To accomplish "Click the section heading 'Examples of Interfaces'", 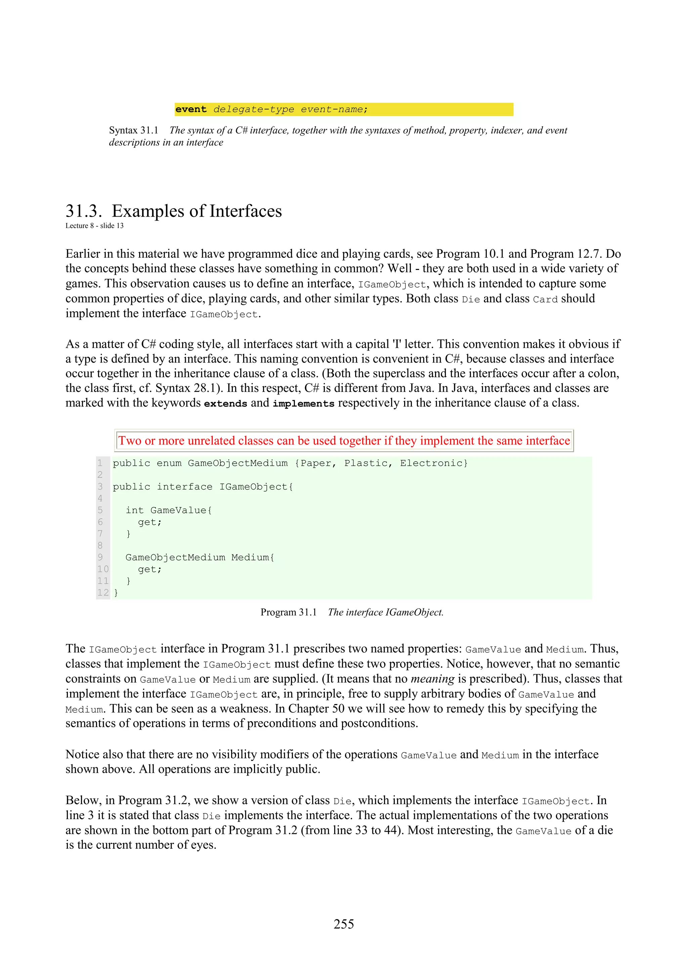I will tap(197, 211).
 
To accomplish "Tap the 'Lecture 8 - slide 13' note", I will tap(94, 226).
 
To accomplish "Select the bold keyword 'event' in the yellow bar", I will tap(191, 109).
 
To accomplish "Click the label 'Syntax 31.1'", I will tap(133, 131).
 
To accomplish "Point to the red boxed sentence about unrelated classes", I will tap(344, 441).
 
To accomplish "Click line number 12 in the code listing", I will tap(102, 593).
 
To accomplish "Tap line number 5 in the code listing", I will tap(100, 510).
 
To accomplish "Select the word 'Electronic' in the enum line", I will tap(431, 463).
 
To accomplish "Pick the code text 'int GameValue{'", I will tap(168, 510).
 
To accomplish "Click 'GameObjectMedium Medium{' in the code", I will tap(200, 557).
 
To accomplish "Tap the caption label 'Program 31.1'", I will tap(288, 612).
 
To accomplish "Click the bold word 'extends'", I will tap(225, 404).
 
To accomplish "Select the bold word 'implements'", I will tap(303, 404).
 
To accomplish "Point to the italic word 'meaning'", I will tap(432, 679).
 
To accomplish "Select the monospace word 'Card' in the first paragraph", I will tap(545, 299).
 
